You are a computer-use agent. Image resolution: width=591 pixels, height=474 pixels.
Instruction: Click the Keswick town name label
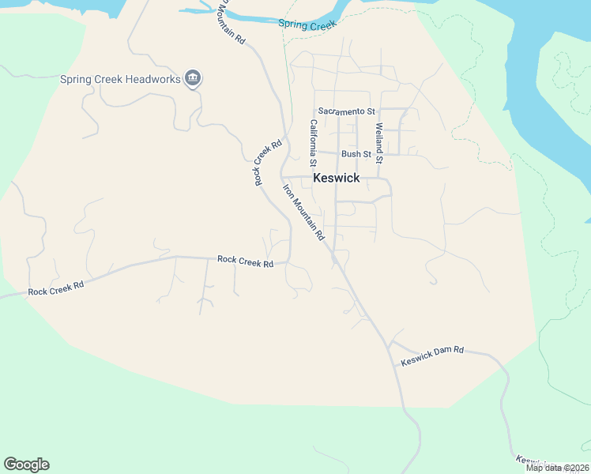[336, 178]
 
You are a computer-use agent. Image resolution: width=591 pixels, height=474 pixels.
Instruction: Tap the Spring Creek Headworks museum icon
[193, 79]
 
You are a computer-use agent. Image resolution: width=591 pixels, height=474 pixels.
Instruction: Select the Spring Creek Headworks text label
[120, 80]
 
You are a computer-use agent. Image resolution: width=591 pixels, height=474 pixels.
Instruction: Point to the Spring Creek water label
[307, 25]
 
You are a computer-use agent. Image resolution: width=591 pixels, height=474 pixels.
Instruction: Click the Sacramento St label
[346, 112]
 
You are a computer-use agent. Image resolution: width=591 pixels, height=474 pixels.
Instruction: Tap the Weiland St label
[379, 143]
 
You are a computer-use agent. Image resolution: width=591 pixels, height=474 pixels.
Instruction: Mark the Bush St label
[356, 154]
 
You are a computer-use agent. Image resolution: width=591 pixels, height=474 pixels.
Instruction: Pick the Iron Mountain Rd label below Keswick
[304, 212]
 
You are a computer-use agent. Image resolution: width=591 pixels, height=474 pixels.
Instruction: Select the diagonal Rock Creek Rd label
[268, 164]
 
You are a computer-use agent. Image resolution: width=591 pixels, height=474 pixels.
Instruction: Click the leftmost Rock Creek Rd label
[55, 290]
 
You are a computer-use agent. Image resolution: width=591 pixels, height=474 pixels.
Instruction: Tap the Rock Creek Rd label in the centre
[245, 260]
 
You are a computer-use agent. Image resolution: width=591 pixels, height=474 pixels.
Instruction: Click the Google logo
[26, 465]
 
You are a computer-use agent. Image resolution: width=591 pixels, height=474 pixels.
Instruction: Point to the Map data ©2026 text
[557, 468]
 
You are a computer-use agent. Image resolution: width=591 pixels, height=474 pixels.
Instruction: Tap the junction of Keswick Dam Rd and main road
[390, 345]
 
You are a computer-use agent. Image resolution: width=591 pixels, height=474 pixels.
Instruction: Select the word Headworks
[151, 80]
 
